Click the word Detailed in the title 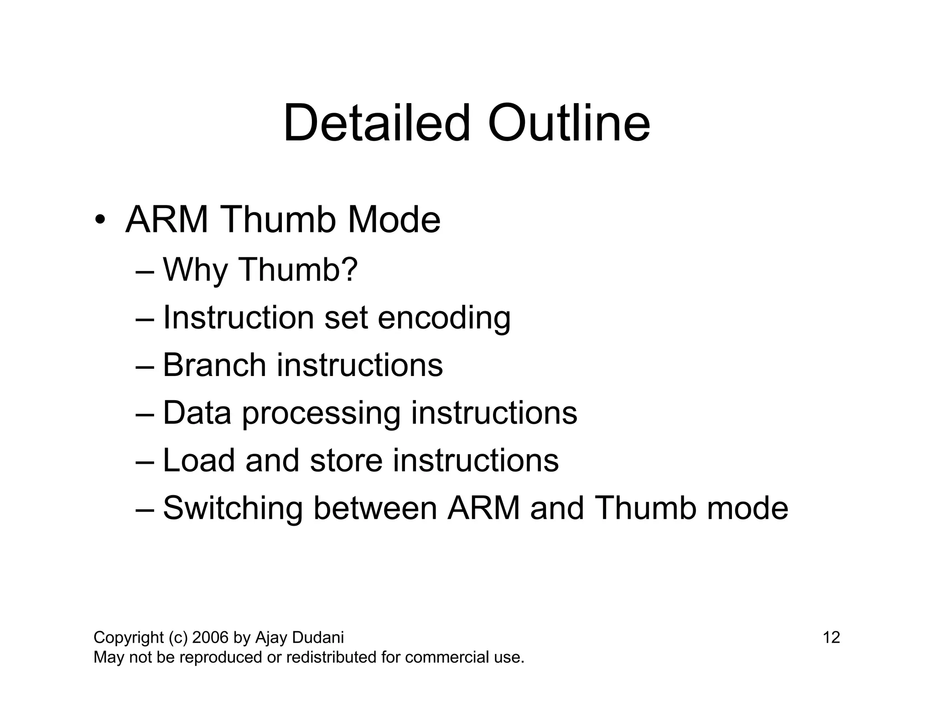point(376,123)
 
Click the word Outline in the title point(569,123)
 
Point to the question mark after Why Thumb point(349,269)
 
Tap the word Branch point(214,365)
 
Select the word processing point(321,413)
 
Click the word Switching point(233,509)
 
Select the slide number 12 point(831,638)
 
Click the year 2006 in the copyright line point(210,638)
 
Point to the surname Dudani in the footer point(318,638)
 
